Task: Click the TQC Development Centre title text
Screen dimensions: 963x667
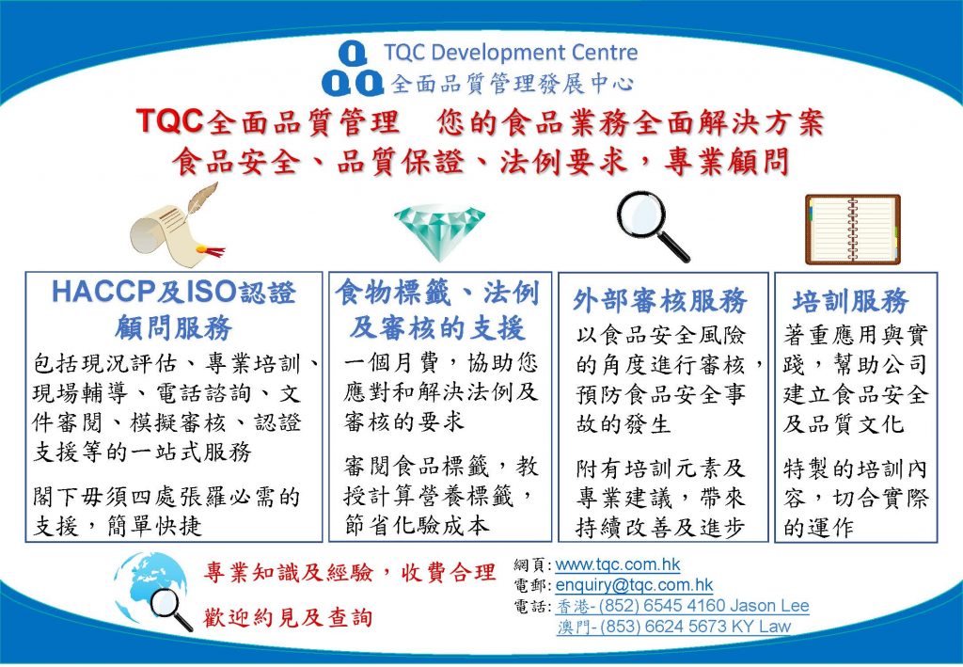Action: tap(511, 53)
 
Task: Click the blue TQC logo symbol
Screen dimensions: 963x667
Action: tap(353, 69)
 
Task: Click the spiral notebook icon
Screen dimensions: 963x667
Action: tap(853, 230)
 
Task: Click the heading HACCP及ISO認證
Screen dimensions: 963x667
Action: tap(174, 292)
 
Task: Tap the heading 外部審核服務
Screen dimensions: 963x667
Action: tap(659, 301)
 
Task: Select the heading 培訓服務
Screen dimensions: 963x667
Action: tap(850, 301)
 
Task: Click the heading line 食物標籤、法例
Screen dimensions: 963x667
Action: tap(437, 293)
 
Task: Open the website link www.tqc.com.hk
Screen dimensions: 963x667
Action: tap(618, 564)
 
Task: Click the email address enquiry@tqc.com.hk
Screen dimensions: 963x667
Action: tap(635, 585)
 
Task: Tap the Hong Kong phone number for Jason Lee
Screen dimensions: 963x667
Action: tap(683, 606)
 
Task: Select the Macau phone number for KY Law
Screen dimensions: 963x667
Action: tap(673, 627)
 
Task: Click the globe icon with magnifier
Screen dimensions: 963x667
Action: tap(153, 591)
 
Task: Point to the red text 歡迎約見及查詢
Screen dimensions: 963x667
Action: tap(288, 617)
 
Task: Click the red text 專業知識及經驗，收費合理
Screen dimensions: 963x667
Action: tap(350, 572)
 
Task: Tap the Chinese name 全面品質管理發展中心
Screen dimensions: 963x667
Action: tap(513, 84)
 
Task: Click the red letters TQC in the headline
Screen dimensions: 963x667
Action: tap(169, 120)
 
